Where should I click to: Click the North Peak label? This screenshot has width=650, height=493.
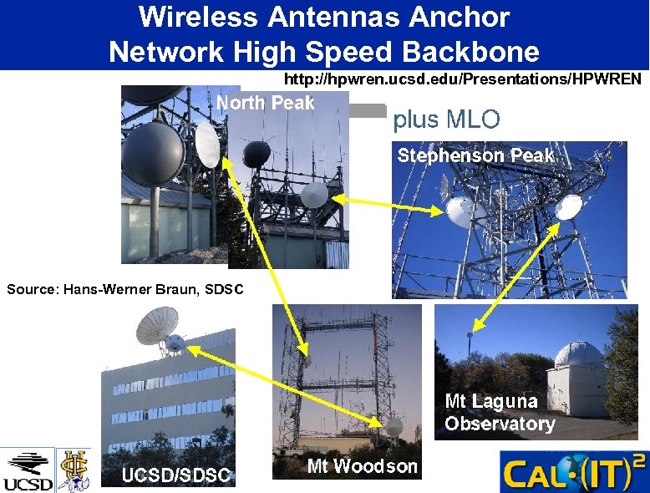point(266,103)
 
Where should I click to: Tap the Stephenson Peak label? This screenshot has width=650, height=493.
point(475,155)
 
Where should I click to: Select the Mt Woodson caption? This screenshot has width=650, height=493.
point(362,466)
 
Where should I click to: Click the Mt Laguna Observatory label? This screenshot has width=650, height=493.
point(500,413)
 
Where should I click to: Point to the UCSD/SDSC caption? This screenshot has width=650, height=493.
point(175,475)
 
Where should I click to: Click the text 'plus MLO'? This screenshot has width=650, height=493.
point(446,119)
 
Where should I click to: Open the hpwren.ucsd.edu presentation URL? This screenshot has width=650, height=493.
point(463,79)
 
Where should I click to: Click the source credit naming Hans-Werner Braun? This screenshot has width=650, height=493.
point(125,290)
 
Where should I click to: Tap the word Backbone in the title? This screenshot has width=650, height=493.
point(470,52)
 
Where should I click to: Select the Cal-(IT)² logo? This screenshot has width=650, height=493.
point(573,471)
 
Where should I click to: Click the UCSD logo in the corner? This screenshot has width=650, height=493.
point(28,471)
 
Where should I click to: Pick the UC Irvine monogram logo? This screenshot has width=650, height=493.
point(74,470)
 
